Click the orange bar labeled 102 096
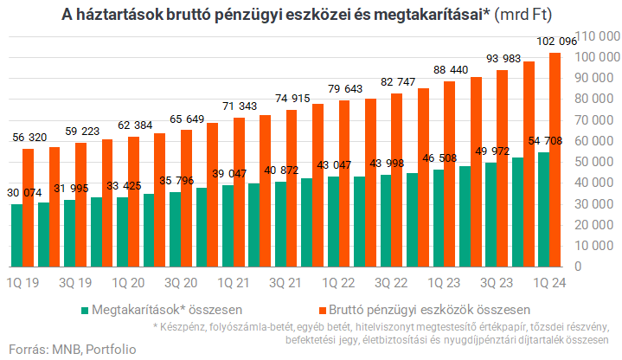[x=555, y=160]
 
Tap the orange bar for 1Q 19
[x=29, y=208]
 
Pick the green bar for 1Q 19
[x=16, y=235]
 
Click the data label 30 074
[x=23, y=192]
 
